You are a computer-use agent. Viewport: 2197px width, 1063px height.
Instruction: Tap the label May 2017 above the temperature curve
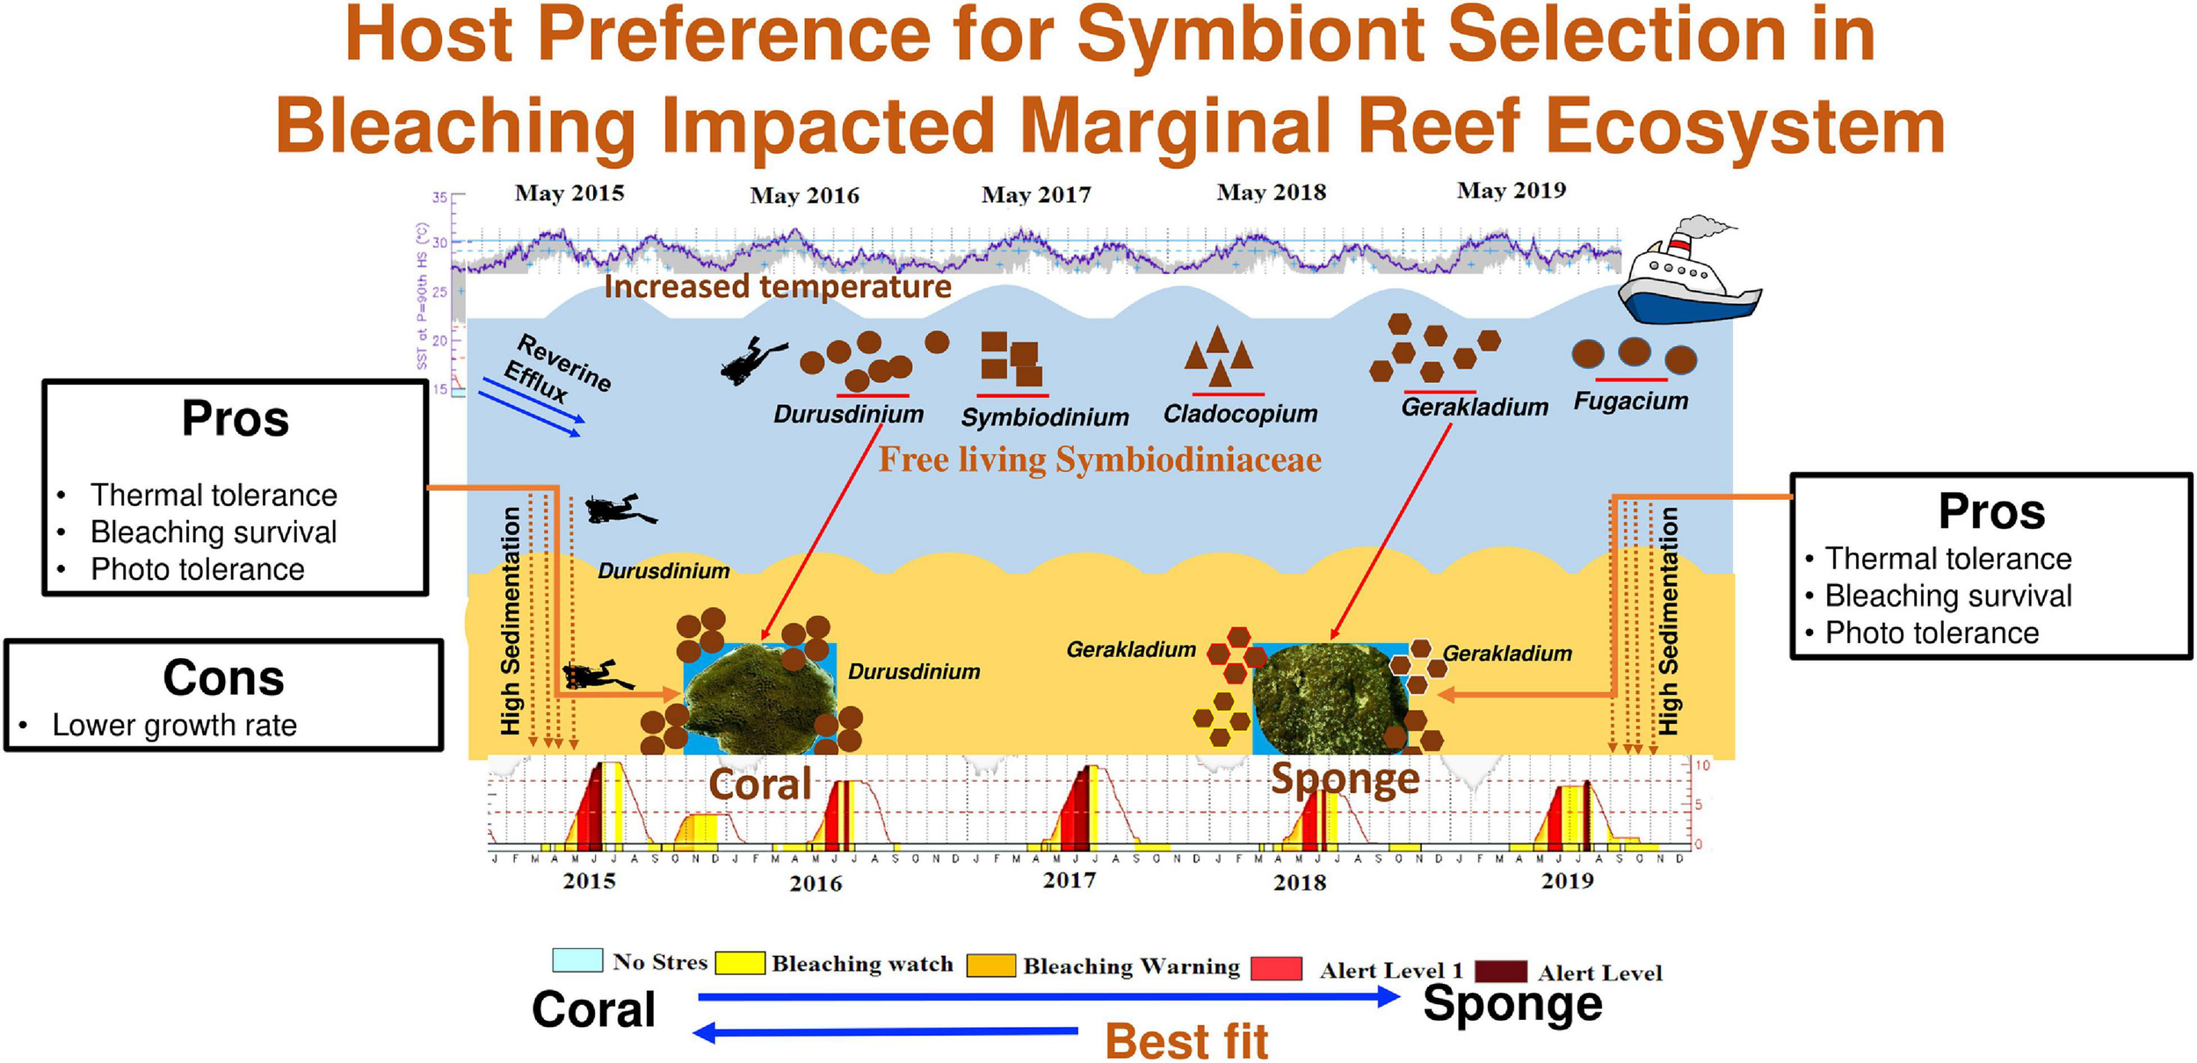tap(1036, 194)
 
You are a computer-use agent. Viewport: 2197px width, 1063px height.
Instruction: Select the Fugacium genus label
tap(1630, 401)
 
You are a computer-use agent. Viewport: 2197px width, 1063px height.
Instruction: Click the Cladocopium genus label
tap(1240, 414)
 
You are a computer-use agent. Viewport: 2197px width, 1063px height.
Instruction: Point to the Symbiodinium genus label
tap(1044, 417)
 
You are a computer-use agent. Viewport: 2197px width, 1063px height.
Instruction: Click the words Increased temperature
tap(778, 286)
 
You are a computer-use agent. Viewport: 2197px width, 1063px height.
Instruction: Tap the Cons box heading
tap(223, 678)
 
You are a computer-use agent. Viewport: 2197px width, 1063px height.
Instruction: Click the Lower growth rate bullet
tap(174, 726)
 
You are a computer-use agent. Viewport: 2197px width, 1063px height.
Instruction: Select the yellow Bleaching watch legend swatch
tap(739, 963)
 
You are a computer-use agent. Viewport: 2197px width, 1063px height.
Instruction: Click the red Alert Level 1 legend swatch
tap(1275, 969)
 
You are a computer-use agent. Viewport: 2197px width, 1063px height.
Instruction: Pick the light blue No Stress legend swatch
tap(576, 959)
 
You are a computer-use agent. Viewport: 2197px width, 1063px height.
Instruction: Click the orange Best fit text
tap(1186, 1041)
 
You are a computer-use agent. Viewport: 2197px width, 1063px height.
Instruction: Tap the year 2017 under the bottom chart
tap(1069, 880)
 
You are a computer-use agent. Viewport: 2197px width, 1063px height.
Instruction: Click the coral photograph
tap(760, 698)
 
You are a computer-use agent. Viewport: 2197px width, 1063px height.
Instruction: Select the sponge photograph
tap(1329, 698)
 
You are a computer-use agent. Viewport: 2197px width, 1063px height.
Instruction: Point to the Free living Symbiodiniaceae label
tap(1099, 459)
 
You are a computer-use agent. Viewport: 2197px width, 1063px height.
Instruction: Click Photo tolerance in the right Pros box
tap(1932, 633)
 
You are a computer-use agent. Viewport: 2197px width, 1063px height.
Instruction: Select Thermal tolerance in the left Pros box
tap(214, 495)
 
